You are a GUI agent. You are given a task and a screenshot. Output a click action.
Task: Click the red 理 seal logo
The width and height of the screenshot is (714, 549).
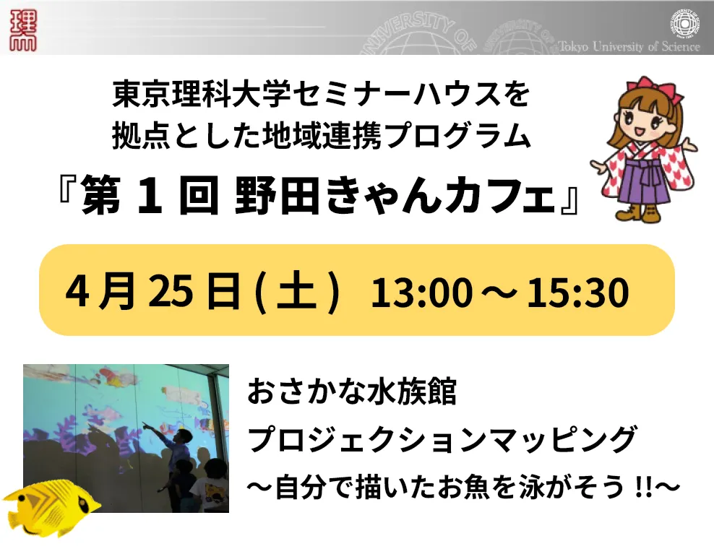click(23, 30)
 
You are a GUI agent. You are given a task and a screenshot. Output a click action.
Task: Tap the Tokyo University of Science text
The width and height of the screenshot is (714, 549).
click(629, 46)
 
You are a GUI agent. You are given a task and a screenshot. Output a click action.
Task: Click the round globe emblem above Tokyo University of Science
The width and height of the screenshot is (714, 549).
click(686, 23)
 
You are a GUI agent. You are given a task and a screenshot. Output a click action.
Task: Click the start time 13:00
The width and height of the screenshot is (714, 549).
click(421, 292)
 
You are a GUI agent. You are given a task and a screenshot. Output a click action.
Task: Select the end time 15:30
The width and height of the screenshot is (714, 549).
click(578, 292)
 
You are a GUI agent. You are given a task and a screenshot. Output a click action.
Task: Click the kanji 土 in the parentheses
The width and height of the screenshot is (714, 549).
click(296, 291)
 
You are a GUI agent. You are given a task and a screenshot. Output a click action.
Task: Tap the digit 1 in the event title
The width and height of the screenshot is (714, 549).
click(150, 196)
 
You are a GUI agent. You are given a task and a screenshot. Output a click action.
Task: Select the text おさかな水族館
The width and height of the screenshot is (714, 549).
click(351, 392)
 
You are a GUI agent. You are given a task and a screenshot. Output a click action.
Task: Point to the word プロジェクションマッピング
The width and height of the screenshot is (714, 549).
click(442, 438)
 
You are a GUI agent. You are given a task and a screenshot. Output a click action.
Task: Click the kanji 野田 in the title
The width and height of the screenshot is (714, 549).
click(278, 196)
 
